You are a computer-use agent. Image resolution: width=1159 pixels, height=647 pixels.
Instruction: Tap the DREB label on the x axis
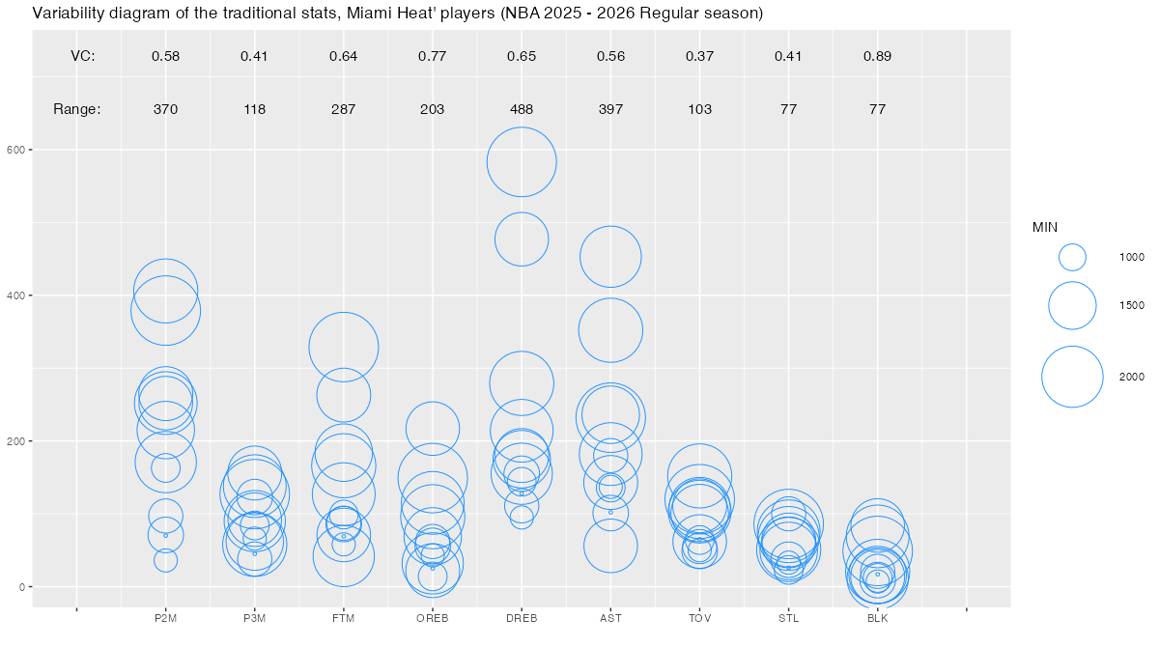(522, 618)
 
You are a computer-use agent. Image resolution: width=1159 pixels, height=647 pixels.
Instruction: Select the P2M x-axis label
(165, 618)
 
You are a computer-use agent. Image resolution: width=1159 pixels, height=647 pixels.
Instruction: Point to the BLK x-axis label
(877, 618)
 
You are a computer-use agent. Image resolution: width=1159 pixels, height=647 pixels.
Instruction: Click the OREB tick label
(432, 618)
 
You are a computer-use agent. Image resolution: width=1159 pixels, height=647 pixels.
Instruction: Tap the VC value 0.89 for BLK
(877, 56)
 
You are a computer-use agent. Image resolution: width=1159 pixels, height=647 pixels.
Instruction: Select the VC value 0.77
(432, 56)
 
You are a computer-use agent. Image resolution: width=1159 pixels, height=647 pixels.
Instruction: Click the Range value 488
(522, 109)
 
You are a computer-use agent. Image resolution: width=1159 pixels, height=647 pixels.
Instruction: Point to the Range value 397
(610, 109)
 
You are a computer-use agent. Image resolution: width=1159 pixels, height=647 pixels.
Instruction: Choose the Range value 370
(165, 109)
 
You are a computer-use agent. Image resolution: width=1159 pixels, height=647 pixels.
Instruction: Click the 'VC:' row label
(83, 56)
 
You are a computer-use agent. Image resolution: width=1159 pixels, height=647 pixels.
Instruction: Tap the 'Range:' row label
(77, 109)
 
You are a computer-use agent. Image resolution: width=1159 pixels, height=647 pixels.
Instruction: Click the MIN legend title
(1045, 228)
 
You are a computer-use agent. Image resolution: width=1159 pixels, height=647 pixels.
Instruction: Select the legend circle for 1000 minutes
(1072, 257)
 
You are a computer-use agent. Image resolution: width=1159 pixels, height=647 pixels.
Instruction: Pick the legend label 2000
(1132, 377)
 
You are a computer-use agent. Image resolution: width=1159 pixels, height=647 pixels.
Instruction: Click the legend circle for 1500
(1072, 305)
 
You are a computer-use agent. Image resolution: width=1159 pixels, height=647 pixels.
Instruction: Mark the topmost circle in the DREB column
(522, 162)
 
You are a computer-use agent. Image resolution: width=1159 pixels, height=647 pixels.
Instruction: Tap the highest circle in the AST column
(610, 257)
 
